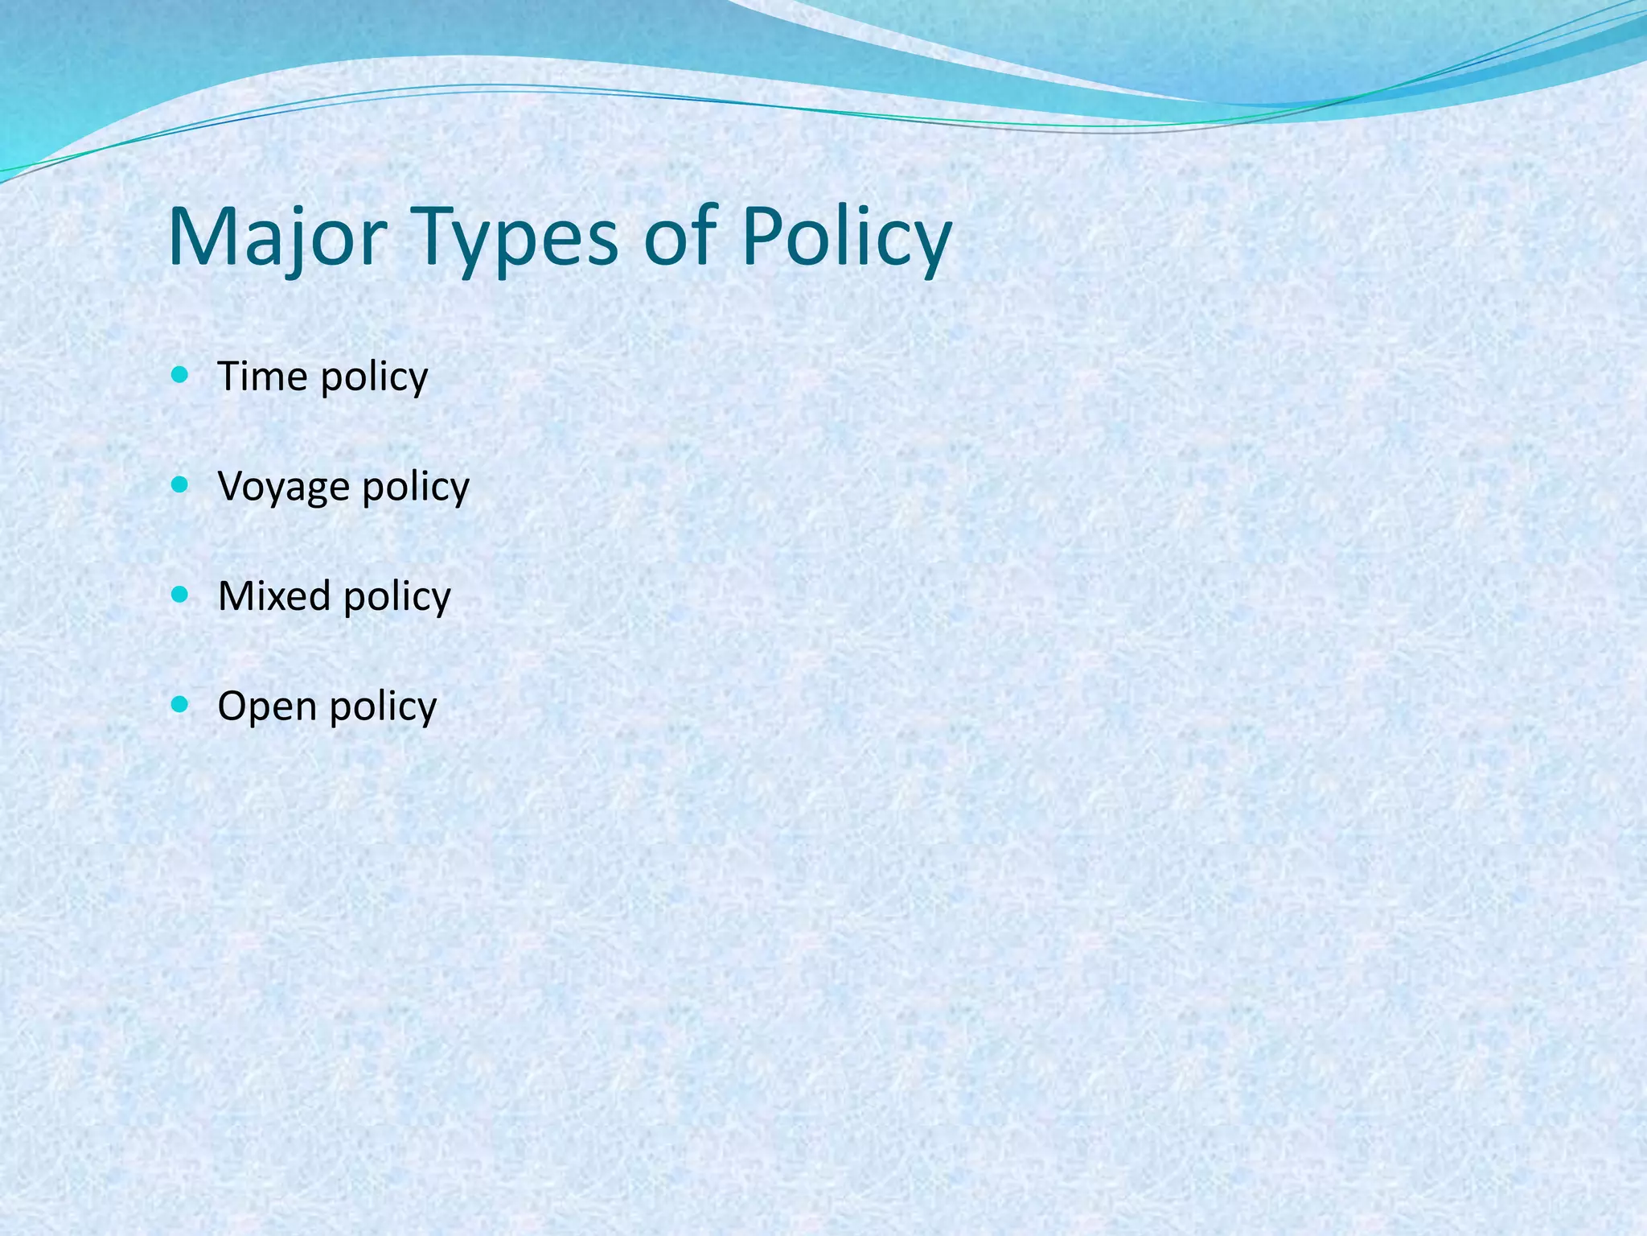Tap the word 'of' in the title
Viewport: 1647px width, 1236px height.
[680, 237]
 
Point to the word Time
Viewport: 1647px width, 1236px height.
[263, 376]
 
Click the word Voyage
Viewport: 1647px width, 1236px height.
[283, 487]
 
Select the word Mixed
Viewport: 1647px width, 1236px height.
[274, 596]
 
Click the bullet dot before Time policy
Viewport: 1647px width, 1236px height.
[180, 375]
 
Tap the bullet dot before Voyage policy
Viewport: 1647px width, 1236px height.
[180, 485]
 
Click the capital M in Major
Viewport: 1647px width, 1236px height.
[200, 237]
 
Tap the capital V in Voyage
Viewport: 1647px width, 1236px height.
[231, 486]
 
